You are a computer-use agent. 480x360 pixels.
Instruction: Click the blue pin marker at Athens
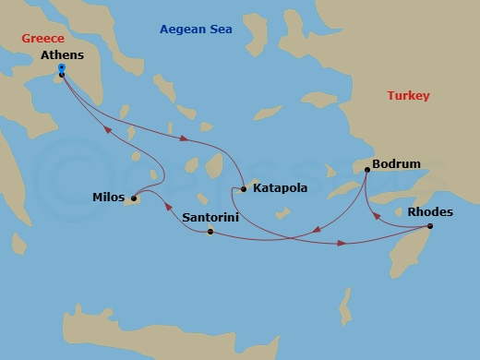61,68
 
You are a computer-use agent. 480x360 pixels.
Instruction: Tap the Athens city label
64,55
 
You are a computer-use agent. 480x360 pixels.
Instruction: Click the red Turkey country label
408,96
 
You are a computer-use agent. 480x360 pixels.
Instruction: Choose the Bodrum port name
396,164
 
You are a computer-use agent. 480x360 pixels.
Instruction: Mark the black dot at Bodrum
367,171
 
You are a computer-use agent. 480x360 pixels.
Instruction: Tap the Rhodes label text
430,211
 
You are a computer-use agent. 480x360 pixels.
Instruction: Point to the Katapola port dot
243,189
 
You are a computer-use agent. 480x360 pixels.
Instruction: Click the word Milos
109,198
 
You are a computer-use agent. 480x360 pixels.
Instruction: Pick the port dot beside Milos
133,198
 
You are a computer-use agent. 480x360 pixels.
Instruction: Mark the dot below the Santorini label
210,231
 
